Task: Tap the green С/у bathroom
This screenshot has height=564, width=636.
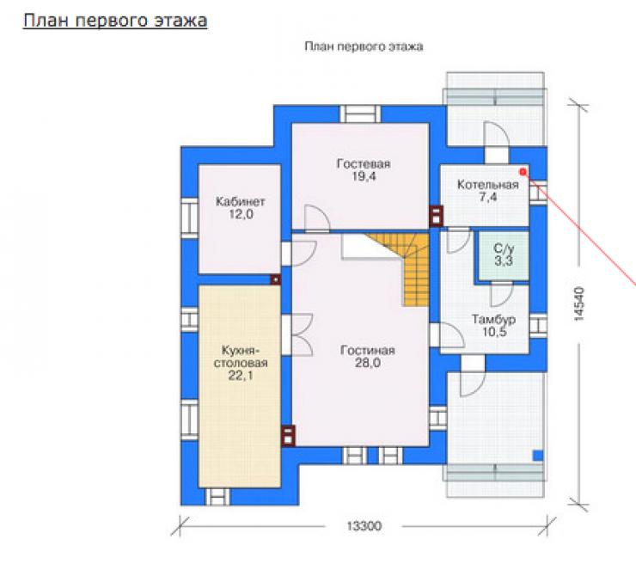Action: (x=504, y=255)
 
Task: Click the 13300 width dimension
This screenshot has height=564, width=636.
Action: (x=364, y=526)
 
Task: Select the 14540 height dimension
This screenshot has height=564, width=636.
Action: (x=579, y=303)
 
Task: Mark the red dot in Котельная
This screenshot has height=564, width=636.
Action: (x=523, y=172)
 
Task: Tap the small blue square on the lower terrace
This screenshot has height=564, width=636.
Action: (x=538, y=456)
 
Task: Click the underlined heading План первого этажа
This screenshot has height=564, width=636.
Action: (x=115, y=21)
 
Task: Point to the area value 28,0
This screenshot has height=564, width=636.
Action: (x=368, y=363)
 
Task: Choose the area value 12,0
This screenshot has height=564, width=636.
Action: (x=241, y=214)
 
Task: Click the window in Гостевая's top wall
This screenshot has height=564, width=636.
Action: (x=360, y=114)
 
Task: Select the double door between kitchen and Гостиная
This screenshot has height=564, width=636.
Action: (x=297, y=335)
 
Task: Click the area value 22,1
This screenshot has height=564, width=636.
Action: (x=241, y=376)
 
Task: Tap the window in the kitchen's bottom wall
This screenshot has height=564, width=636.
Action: (x=217, y=497)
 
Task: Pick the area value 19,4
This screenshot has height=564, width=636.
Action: (x=364, y=176)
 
